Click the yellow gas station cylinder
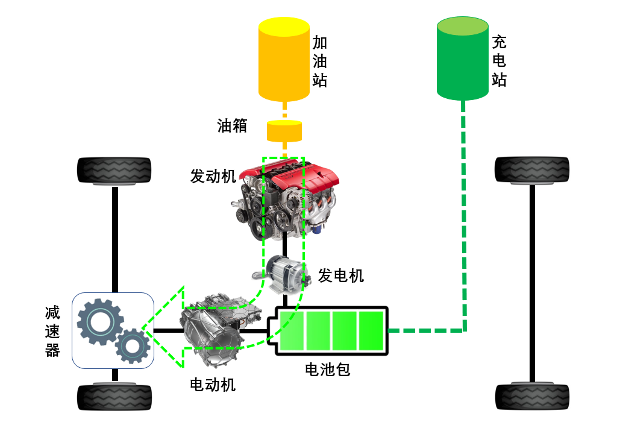[284, 59]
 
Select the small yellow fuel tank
[284, 130]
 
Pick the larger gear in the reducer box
[99, 321]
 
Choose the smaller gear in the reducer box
[132, 345]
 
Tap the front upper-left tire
[114, 171]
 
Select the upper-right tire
[532, 169]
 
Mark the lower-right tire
[532, 397]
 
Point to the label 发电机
[341, 275]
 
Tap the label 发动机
[213, 176]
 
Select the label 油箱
[233, 125]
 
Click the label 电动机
[213, 384]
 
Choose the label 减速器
[53, 331]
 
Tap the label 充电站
[499, 61]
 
